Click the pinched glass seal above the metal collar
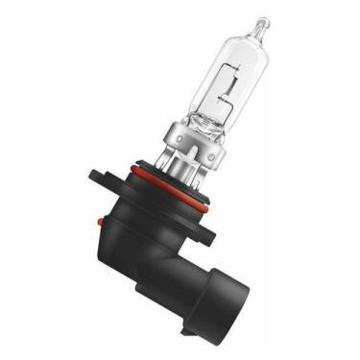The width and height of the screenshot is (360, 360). (x=204, y=125)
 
